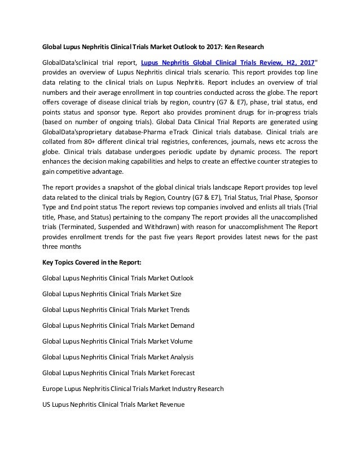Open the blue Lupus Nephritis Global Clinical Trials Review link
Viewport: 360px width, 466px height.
point(227,63)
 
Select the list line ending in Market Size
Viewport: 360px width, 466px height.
point(112,294)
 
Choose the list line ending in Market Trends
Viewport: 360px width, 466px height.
point(116,310)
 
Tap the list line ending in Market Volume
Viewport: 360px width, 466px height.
point(117,341)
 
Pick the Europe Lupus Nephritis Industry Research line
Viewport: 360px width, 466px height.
point(133,389)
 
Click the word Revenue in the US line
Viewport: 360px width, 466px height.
point(170,405)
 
